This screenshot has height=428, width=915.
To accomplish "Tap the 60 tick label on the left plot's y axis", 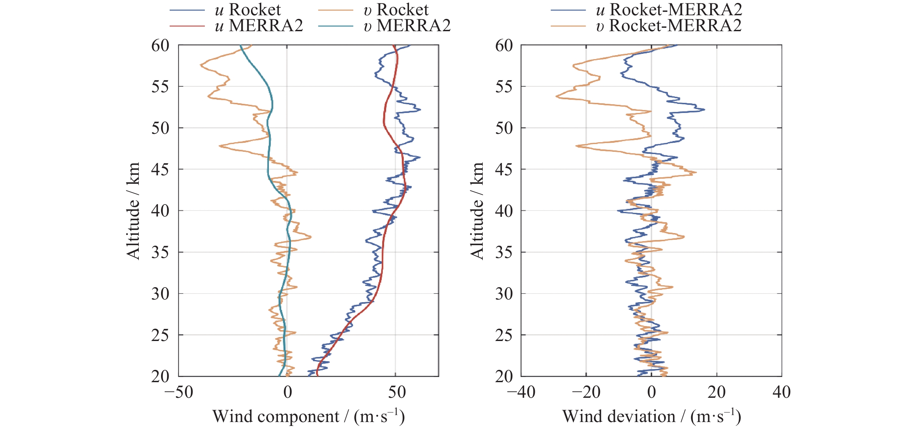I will coord(160,45).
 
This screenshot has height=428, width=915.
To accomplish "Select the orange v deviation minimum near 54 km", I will coord(556,96).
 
